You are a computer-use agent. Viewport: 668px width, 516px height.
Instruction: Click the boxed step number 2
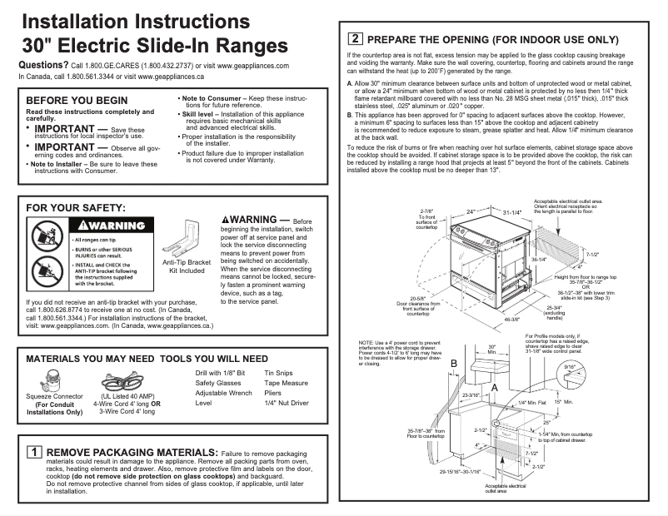click(x=356, y=38)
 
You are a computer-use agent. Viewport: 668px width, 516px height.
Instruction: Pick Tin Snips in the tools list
click(x=277, y=374)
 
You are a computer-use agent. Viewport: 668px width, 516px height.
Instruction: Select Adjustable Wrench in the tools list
click(x=223, y=392)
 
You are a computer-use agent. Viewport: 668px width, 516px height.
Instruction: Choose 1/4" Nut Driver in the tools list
click(x=286, y=402)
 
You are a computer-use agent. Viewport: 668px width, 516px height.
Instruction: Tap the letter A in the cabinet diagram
click(x=495, y=388)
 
